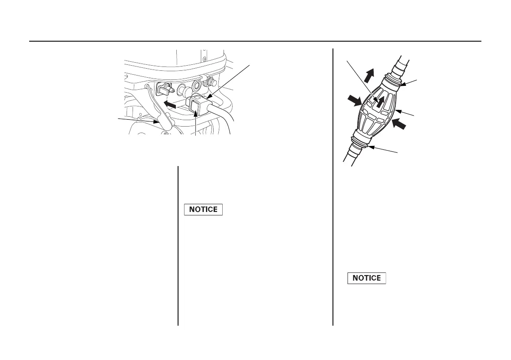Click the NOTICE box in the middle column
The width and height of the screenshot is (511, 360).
(203, 210)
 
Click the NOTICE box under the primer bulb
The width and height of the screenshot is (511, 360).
(366, 278)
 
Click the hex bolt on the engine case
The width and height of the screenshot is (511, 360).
(211, 81)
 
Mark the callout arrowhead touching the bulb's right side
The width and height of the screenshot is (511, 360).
(397, 111)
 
